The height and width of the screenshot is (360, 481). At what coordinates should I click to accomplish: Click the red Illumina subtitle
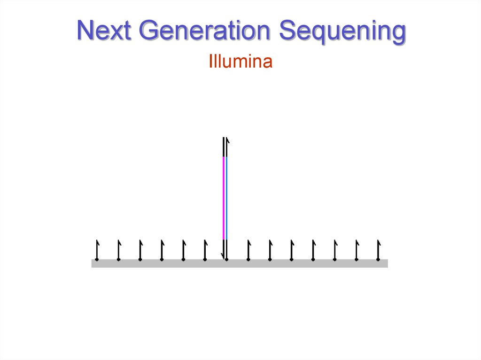pos(240,62)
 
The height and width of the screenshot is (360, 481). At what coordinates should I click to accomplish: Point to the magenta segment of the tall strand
pos(224,197)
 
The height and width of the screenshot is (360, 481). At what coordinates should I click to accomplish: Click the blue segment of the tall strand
pos(227,197)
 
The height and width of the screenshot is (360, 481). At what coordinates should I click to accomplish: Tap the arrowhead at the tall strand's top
pos(228,140)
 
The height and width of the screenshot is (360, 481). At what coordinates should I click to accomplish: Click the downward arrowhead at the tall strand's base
pos(223,255)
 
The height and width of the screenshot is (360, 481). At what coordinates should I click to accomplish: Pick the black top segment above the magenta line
pos(224,146)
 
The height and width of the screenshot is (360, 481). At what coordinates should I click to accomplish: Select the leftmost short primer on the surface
pos(97,250)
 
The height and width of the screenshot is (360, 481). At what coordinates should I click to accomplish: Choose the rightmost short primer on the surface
pos(378,250)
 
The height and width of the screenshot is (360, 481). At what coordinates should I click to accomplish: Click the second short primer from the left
pos(118,250)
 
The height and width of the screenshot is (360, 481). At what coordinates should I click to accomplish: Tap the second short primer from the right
pos(357,250)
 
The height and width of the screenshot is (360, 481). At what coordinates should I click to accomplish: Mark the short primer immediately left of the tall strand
pos(205,250)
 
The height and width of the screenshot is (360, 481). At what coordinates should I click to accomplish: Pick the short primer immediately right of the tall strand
pos(248,250)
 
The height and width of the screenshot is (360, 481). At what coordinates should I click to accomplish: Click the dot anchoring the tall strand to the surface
pos(226,259)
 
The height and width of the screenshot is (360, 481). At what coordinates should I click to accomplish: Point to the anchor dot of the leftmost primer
pos(97,259)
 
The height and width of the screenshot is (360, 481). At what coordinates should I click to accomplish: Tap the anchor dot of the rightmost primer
pos(378,259)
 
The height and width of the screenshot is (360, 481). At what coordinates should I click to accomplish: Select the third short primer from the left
pos(140,250)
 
